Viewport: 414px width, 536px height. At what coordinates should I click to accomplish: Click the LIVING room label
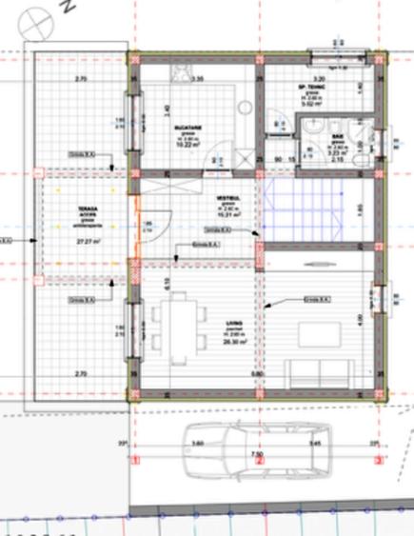coord(233,324)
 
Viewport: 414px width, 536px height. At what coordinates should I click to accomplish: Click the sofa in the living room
coord(326,371)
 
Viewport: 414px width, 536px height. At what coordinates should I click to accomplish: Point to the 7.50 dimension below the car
coord(256,455)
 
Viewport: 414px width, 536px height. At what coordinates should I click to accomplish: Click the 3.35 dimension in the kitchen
coord(197,79)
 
